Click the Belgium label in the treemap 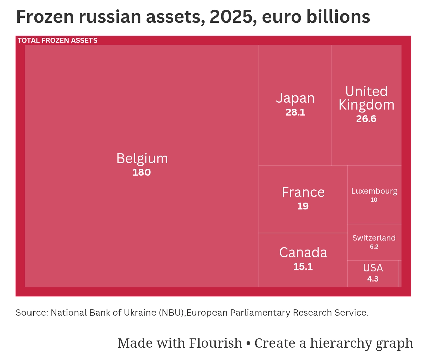click(142, 158)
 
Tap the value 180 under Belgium click(142, 172)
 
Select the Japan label click(295, 98)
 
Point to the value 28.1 click(295, 112)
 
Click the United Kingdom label click(366, 98)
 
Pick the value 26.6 click(366, 119)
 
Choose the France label click(303, 192)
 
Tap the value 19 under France click(303, 206)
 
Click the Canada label click(303, 253)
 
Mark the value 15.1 click(303, 266)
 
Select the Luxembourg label click(374, 191)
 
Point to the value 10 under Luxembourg click(374, 200)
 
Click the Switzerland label click(374, 238)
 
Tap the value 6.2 click(374, 247)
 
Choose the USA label click(373, 268)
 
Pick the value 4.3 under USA click(373, 279)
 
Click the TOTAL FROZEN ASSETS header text click(57, 41)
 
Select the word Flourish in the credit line click(216, 343)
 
